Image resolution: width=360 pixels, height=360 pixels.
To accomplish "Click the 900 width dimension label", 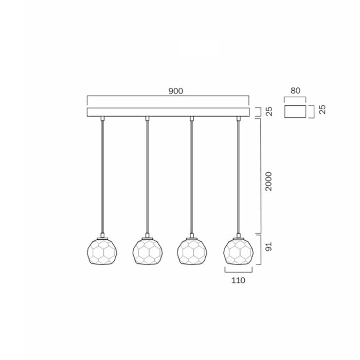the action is click(176, 91).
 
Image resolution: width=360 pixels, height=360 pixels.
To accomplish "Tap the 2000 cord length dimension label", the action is click(268, 182).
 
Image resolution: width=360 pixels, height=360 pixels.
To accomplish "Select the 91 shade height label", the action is click(268, 246).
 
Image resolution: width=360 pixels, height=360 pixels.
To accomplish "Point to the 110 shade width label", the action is click(238, 280).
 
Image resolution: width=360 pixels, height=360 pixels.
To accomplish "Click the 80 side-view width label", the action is click(295, 91).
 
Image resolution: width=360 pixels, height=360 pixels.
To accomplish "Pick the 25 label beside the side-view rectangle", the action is click(322, 109).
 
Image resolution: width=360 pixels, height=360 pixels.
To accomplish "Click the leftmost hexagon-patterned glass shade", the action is click(102, 251).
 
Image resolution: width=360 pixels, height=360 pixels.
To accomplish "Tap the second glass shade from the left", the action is click(148, 251).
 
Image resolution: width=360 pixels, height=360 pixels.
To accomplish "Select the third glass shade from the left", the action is click(192, 251).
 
